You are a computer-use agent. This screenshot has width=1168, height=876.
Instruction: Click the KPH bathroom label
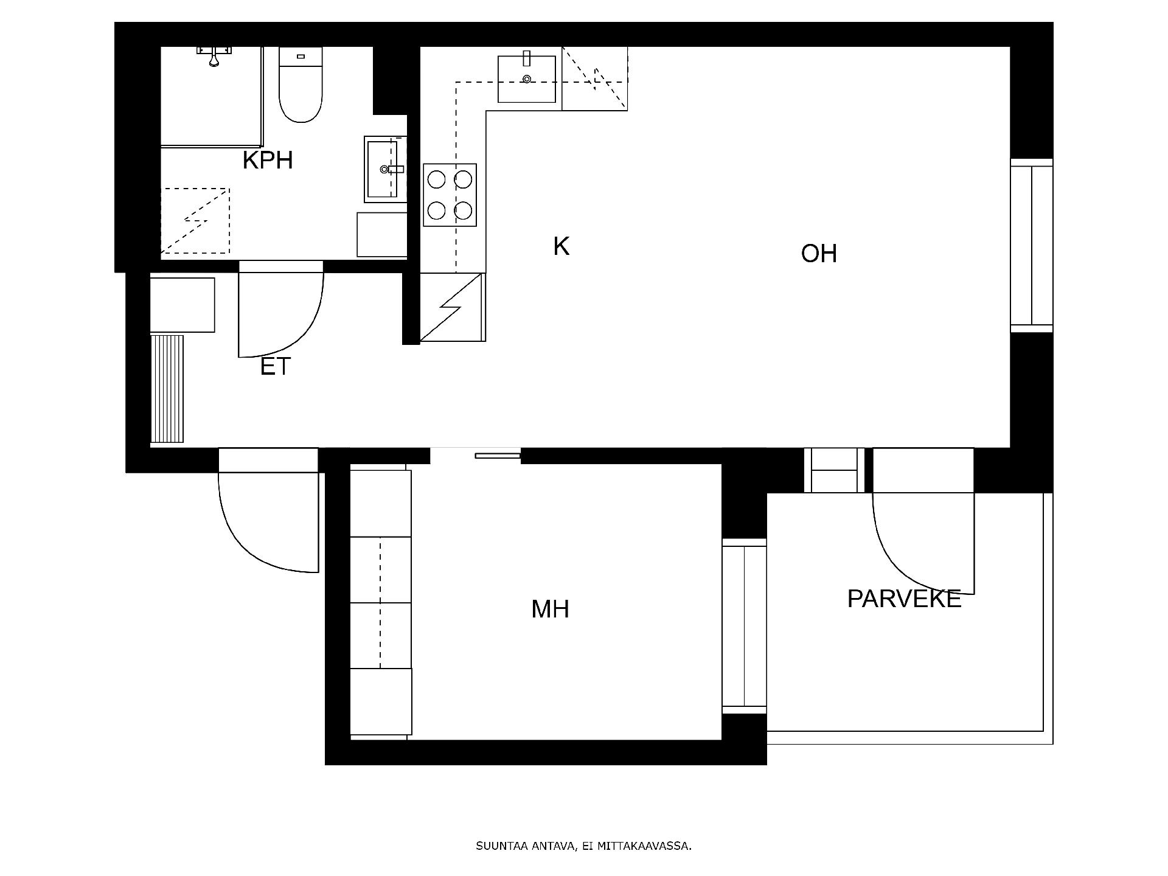[x=268, y=160]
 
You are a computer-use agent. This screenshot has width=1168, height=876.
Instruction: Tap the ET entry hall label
[x=276, y=366]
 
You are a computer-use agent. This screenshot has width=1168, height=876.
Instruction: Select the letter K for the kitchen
[x=561, y=246]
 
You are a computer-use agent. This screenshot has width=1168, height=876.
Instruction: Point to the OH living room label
[x=819, y=254]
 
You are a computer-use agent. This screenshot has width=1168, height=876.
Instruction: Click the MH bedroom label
[x=550, y=609]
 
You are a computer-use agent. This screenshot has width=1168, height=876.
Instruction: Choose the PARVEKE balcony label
[x=904, y=599]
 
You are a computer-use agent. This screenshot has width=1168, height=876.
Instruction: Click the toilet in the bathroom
[x=301, y=85]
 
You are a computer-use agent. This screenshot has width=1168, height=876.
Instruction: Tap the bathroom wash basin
[x=384, y=169]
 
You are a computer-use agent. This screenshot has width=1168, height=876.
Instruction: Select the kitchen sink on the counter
[x=527, y=79]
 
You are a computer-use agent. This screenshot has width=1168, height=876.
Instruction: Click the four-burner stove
[x=450, y=195]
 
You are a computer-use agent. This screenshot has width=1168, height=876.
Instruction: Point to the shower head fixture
[x=214, y=55]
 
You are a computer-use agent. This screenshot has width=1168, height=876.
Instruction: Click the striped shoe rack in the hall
[x=167, y=389]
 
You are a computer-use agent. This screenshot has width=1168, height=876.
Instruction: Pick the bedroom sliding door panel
[x=498, y=455]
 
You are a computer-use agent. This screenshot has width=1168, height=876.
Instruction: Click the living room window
[x=1031, y=245]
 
